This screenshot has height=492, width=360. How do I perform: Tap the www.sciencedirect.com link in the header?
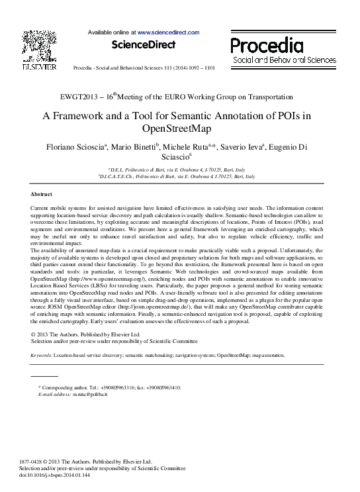(168, 32)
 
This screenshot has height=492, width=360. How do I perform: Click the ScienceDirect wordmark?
(144, 45)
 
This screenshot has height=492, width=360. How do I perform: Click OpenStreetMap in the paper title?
(179, 128)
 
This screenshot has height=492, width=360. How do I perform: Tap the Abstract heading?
(42, 194)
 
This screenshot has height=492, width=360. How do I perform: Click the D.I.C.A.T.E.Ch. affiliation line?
(176, 177)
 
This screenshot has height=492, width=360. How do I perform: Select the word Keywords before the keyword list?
(42, 356)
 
